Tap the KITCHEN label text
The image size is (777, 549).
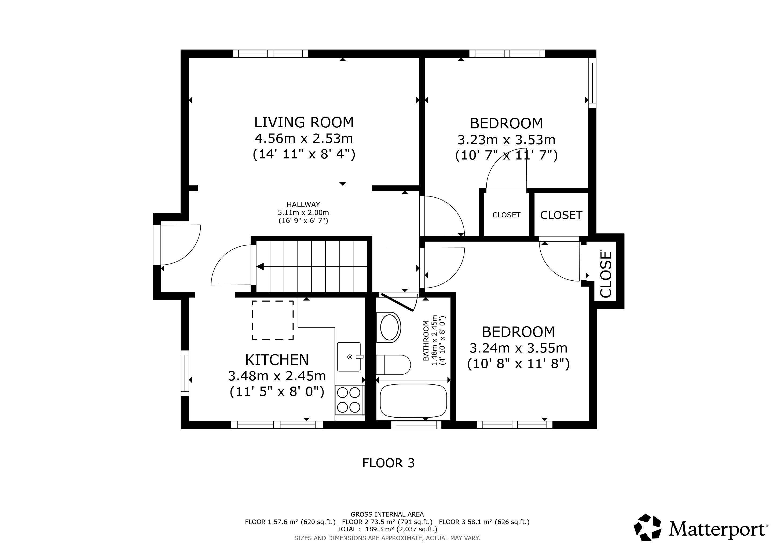pyautogui.click(x=277, y=360)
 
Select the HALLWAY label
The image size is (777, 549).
pyautogui.click(x=303, y=204)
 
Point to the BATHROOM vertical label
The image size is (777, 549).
pyautogui.click(x=426, y=340)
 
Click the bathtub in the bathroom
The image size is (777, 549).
pyautogui.click(x=413, y=401)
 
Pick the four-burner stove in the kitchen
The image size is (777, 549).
pyautogui.click(x=349, y=400)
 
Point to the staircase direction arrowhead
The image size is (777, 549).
pyautogui.click(x=260, y=267)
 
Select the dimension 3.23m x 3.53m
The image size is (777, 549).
pyautogui.click(x=506, y=140)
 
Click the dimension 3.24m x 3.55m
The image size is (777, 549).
pyautogui.click(x=518, y=348)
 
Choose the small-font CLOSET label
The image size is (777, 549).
pyautogui.click(x=506, y=215)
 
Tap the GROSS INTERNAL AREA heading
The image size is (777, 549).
pyautogui.click(x=387, y=514)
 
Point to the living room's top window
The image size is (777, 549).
pyautogui.click(x=270, y=54)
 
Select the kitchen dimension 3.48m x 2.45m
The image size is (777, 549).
pyautogui.click(x=277, y=376)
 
